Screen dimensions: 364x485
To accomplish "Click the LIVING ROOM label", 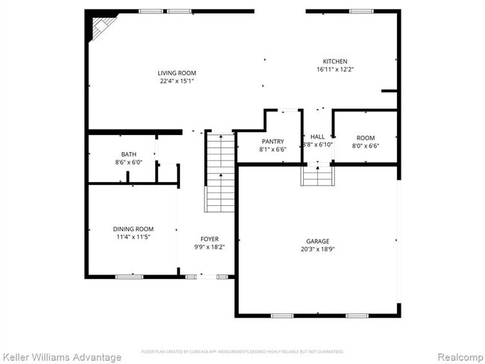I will pos(176,72).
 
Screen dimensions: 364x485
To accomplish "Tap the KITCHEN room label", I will pos(334,61).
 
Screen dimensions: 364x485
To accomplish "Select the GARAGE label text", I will pos(317,241).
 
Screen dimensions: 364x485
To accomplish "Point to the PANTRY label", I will pos(272,141).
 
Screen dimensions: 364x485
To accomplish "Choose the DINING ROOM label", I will pos(133,228).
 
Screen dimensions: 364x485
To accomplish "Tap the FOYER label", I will pos(209,239).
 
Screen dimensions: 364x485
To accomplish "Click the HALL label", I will pos(317,136).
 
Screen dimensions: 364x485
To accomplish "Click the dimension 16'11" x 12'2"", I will pos(334,69).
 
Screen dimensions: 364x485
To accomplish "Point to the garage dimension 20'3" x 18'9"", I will pos(317,249).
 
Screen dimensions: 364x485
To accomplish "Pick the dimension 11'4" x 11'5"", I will pos(133,236).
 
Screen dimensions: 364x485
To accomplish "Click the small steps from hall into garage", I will pos(317,176).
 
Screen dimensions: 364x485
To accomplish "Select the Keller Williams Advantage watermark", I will pos(61,357).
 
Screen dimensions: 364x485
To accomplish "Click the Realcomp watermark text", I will pos(456,357).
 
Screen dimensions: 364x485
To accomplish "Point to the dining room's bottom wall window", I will pos(128,277).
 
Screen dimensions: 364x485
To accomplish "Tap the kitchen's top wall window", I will pos(360,11).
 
